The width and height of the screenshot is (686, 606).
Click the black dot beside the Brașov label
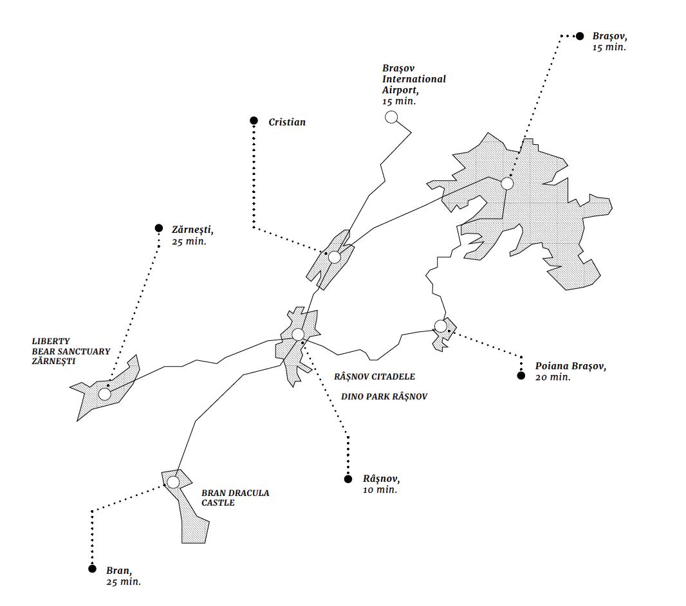point(579,36)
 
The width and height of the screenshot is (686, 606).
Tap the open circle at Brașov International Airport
point(391,117)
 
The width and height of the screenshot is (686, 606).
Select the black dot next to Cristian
point(254,120)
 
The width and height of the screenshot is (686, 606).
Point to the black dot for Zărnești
point(159,228)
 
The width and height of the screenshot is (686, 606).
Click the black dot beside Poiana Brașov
point(521,376)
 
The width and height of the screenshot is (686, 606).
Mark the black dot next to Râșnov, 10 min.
point(348,479)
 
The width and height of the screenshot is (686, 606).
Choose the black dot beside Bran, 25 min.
point(92,569)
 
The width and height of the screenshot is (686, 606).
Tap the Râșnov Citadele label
point(375,376)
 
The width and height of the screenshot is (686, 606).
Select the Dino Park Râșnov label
point(384,397)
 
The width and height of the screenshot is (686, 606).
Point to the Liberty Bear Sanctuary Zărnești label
point(71,351)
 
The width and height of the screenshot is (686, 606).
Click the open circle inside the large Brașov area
point(507,183)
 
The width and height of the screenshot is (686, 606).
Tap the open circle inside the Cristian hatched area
point(334,257)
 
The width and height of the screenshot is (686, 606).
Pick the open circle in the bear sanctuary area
point(104,394)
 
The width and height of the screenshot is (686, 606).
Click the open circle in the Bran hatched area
point(173,482)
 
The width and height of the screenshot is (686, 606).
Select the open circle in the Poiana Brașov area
point(440,326)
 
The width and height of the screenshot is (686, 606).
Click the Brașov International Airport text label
point(414,84)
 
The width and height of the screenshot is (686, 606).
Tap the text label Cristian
point(287,122)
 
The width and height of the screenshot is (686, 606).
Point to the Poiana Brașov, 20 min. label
point(570,371)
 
